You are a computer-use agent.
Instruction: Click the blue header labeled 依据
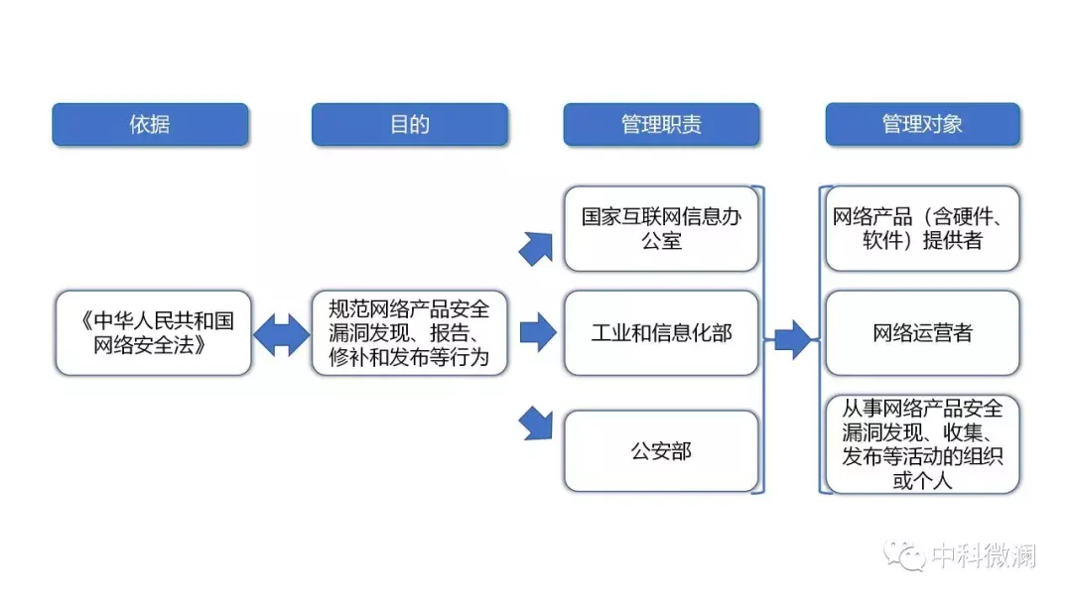click(151, 124)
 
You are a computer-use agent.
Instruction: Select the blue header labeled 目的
click(410, 124)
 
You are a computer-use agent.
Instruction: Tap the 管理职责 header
click(661, 124)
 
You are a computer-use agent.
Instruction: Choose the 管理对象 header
click(922, 124)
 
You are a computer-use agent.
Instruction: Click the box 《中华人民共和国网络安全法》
click(154, 332)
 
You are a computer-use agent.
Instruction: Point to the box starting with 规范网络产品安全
click(410, 332)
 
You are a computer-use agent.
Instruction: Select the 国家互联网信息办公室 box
click(661, 229)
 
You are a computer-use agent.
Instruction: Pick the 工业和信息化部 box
click(661, 332)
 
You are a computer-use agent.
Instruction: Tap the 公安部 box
click(661, 450)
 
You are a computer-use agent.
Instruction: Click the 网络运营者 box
click(922, 332)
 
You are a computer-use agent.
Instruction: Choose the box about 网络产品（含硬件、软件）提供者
click(922, 229)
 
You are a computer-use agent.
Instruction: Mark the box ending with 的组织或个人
click(922, 444)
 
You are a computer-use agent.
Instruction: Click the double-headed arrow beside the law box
click(282, 334)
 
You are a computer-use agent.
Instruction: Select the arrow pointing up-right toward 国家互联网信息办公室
click(536, 249)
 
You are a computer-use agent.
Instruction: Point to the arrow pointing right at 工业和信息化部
click(538, 332)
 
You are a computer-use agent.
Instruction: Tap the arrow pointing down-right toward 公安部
click(536, 423)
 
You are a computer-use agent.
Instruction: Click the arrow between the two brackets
click(793, 339)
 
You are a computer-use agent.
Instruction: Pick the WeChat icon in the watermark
click(904, 555)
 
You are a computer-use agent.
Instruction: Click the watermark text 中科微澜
click(984, 555)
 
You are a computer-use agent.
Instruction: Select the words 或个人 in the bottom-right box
click(922, 481)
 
